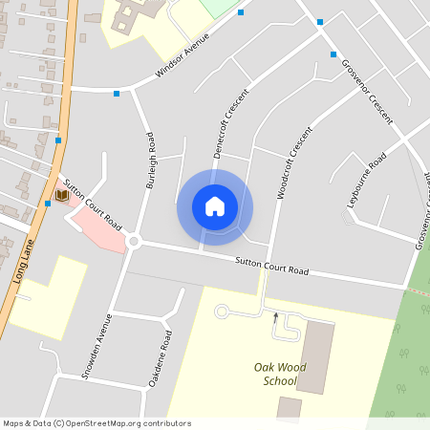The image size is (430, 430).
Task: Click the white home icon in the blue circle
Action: click(x=215, y=206)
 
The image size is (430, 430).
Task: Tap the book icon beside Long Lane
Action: click(x=62, y=195)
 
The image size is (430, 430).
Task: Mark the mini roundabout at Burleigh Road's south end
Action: click(x=133, y=242)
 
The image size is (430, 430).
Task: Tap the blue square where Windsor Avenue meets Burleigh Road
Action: click(x=117, y=93)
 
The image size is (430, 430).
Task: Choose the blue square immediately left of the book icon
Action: click(x=48, y=203)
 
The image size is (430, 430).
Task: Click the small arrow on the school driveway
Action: click(x=275, y=315)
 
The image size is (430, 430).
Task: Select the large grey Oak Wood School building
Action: click(x=315, y=355)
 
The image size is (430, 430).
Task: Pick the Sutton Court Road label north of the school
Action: click(x=271, y=266)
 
